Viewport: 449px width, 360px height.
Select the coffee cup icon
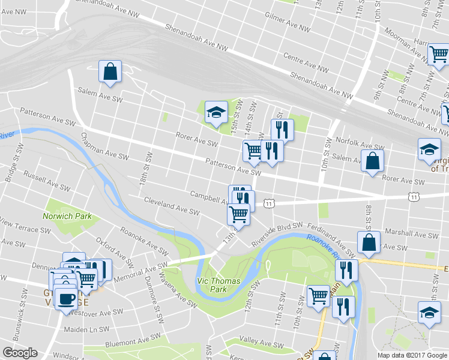(66, 298)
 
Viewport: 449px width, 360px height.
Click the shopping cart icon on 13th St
(239, 214)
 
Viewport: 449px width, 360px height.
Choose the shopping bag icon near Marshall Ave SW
(369, 242)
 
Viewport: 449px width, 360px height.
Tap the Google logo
(20, 353)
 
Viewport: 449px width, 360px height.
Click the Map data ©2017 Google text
(412, 355)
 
